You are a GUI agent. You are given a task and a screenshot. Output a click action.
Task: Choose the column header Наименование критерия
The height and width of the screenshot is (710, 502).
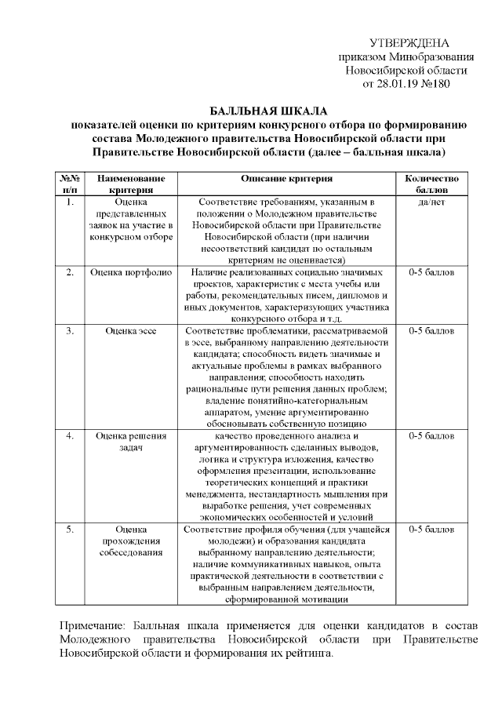tap(121, 184)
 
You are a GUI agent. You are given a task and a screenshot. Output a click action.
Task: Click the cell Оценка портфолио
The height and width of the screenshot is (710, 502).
tap(125, 272)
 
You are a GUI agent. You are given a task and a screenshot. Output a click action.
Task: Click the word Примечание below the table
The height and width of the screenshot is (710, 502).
tap(93, 625)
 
